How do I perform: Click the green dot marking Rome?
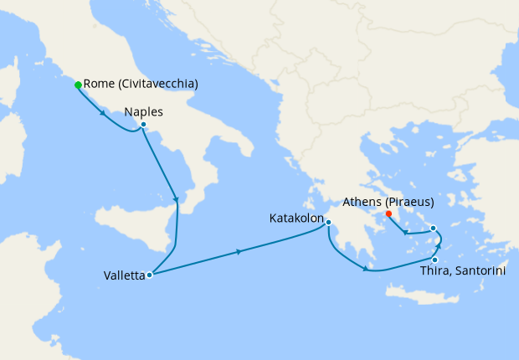[x=78, y=85]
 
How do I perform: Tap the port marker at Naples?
[x=143, y=125]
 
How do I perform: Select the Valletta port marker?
[x=149, y=275]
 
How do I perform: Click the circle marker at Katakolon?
[x=329, y=222]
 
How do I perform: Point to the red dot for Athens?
[x=389, y=213]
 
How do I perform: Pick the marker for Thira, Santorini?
[x=434, y=260]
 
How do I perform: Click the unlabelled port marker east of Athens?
[x=433, y=228]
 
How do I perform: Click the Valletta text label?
[x=124, y=275]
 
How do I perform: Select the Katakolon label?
[x=296, y=219]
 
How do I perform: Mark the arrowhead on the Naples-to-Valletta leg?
[x=176, y=199]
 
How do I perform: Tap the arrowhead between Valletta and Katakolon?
[x=241, y=251]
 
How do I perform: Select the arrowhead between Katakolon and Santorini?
[x=365, y=269]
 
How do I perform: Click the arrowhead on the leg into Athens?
[x=406, y=233]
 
